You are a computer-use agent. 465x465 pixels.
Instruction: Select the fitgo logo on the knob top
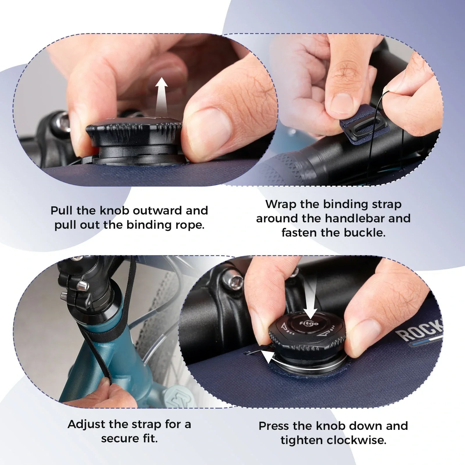tap(305, 324)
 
